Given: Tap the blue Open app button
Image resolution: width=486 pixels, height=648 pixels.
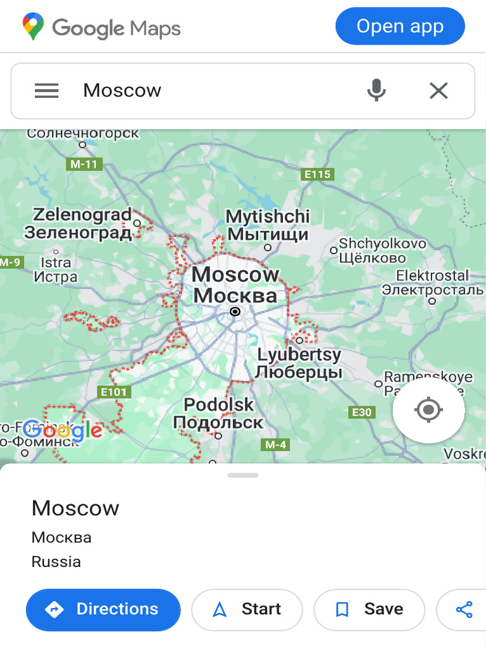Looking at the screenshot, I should [400, 27].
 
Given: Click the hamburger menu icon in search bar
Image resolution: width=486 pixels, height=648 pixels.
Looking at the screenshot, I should [46, 90].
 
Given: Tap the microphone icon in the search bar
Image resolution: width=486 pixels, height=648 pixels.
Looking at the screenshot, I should [377, 90].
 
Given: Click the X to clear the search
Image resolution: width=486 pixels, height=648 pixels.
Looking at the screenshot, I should [439, 90].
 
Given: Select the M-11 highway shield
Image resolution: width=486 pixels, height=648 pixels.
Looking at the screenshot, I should [84, 165].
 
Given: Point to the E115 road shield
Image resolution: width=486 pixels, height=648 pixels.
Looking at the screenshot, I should [317, 174].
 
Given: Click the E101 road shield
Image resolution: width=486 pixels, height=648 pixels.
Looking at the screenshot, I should [115, 392].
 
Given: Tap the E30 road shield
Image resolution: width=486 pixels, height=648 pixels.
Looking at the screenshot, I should [362, 413].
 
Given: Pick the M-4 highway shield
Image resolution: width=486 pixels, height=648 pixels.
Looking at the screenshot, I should [275, 444].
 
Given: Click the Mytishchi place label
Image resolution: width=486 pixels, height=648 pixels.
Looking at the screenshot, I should [268, 225].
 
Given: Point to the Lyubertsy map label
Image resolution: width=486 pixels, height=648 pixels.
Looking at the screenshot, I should [299, 363].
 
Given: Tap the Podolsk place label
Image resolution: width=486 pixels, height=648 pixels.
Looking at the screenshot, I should [218, 413].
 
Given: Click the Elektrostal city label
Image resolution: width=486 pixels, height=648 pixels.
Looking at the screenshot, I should [432, 283].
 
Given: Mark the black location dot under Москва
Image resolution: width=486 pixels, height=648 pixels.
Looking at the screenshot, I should [235, 311].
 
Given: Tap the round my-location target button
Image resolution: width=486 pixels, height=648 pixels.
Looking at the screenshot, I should [428, 410].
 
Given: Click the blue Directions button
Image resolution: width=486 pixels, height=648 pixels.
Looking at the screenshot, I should [103, 609].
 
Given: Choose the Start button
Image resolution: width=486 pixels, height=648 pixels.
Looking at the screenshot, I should [247, 609].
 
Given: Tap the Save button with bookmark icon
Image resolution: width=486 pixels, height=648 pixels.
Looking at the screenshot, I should [369, 609].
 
